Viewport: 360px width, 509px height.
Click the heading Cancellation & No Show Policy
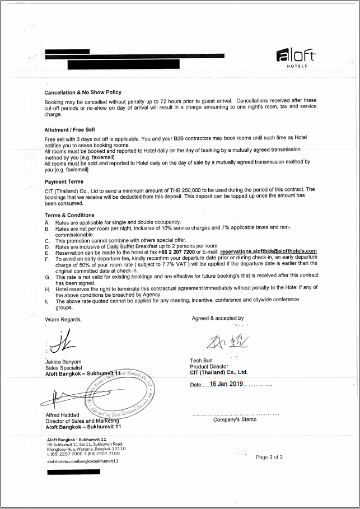tap(83, 92)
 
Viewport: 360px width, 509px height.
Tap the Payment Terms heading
tap(64, 182)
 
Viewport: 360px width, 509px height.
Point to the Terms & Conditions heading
tap(69, 216)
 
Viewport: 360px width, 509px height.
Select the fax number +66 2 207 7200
tap(176, 251)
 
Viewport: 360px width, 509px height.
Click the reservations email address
tap(268, 251)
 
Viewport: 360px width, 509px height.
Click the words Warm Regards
tap(63, 320)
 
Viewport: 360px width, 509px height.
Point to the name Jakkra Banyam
tap(63, 362)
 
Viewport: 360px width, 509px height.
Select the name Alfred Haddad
tap(62, 415)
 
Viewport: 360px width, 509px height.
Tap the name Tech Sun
tap(202, 361)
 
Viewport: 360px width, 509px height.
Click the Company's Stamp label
tap(235, 420)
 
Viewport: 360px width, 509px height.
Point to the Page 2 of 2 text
tap(269, 457)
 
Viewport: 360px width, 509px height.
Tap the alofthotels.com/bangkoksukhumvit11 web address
tap(83, 460)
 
